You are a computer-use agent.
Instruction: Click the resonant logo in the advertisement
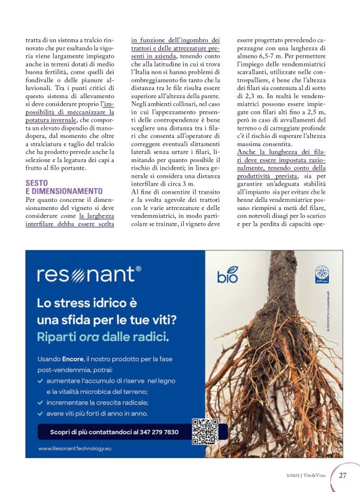click(x=89, y=274)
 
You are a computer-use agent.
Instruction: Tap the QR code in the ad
click(x=205, y=431)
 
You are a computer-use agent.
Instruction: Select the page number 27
click(x=343, y=476)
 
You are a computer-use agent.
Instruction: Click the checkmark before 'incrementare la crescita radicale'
click(x=40, y=402)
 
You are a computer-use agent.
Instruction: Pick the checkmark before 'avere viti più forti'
click(x=40, y=412)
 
